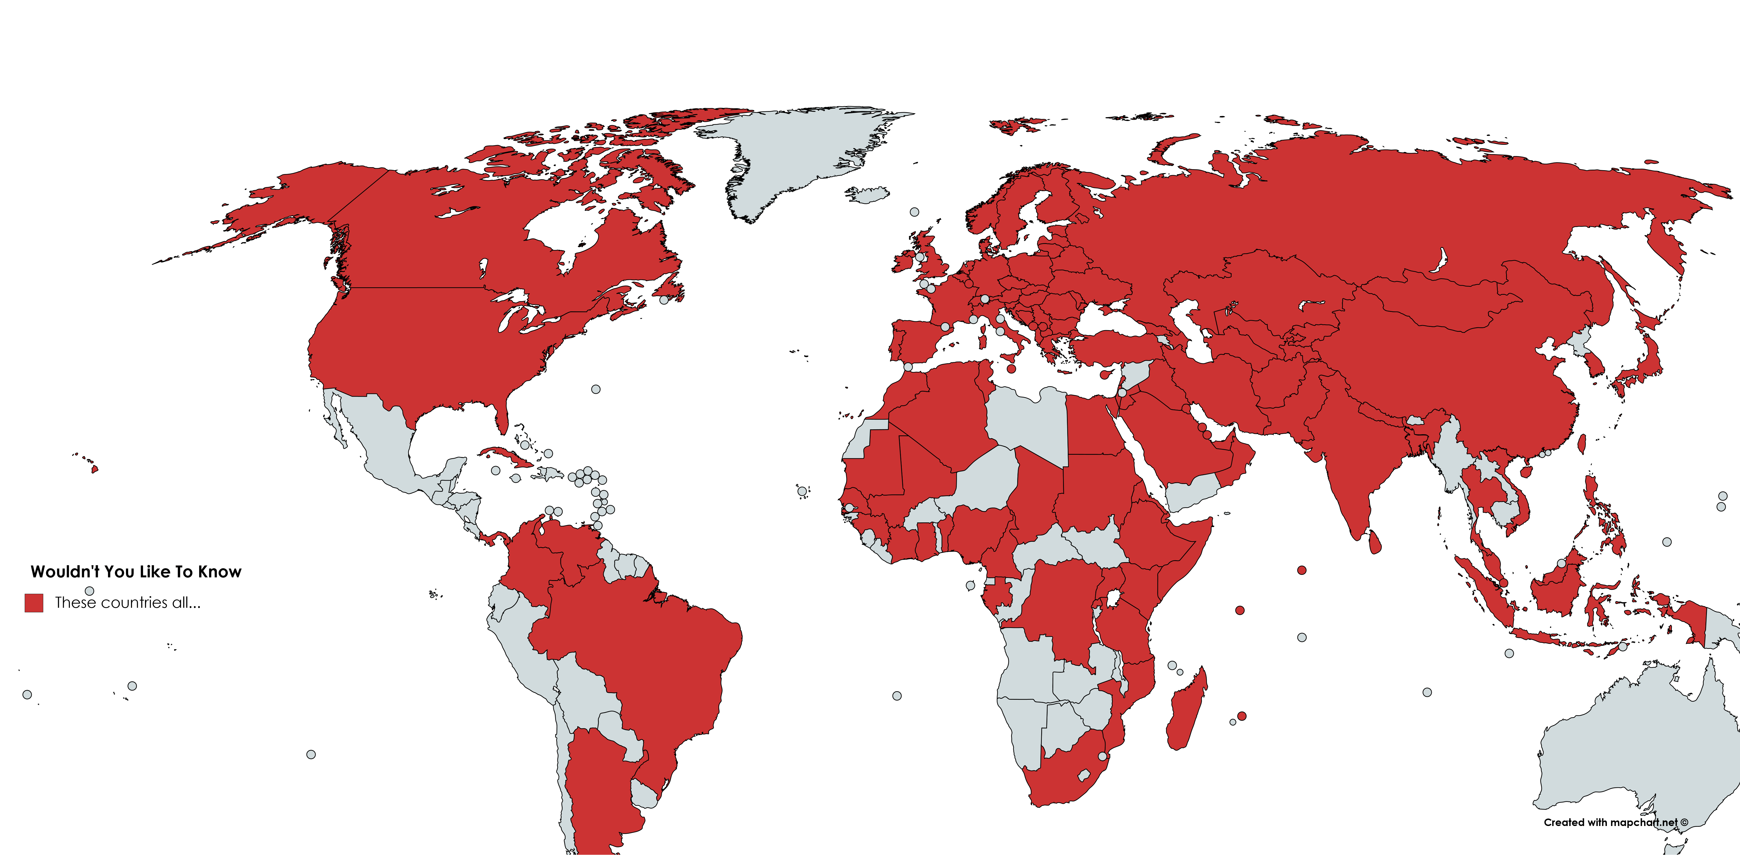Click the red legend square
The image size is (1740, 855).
(34, 603)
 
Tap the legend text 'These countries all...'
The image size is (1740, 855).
(128, 603)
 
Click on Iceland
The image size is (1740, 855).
(868, 194)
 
